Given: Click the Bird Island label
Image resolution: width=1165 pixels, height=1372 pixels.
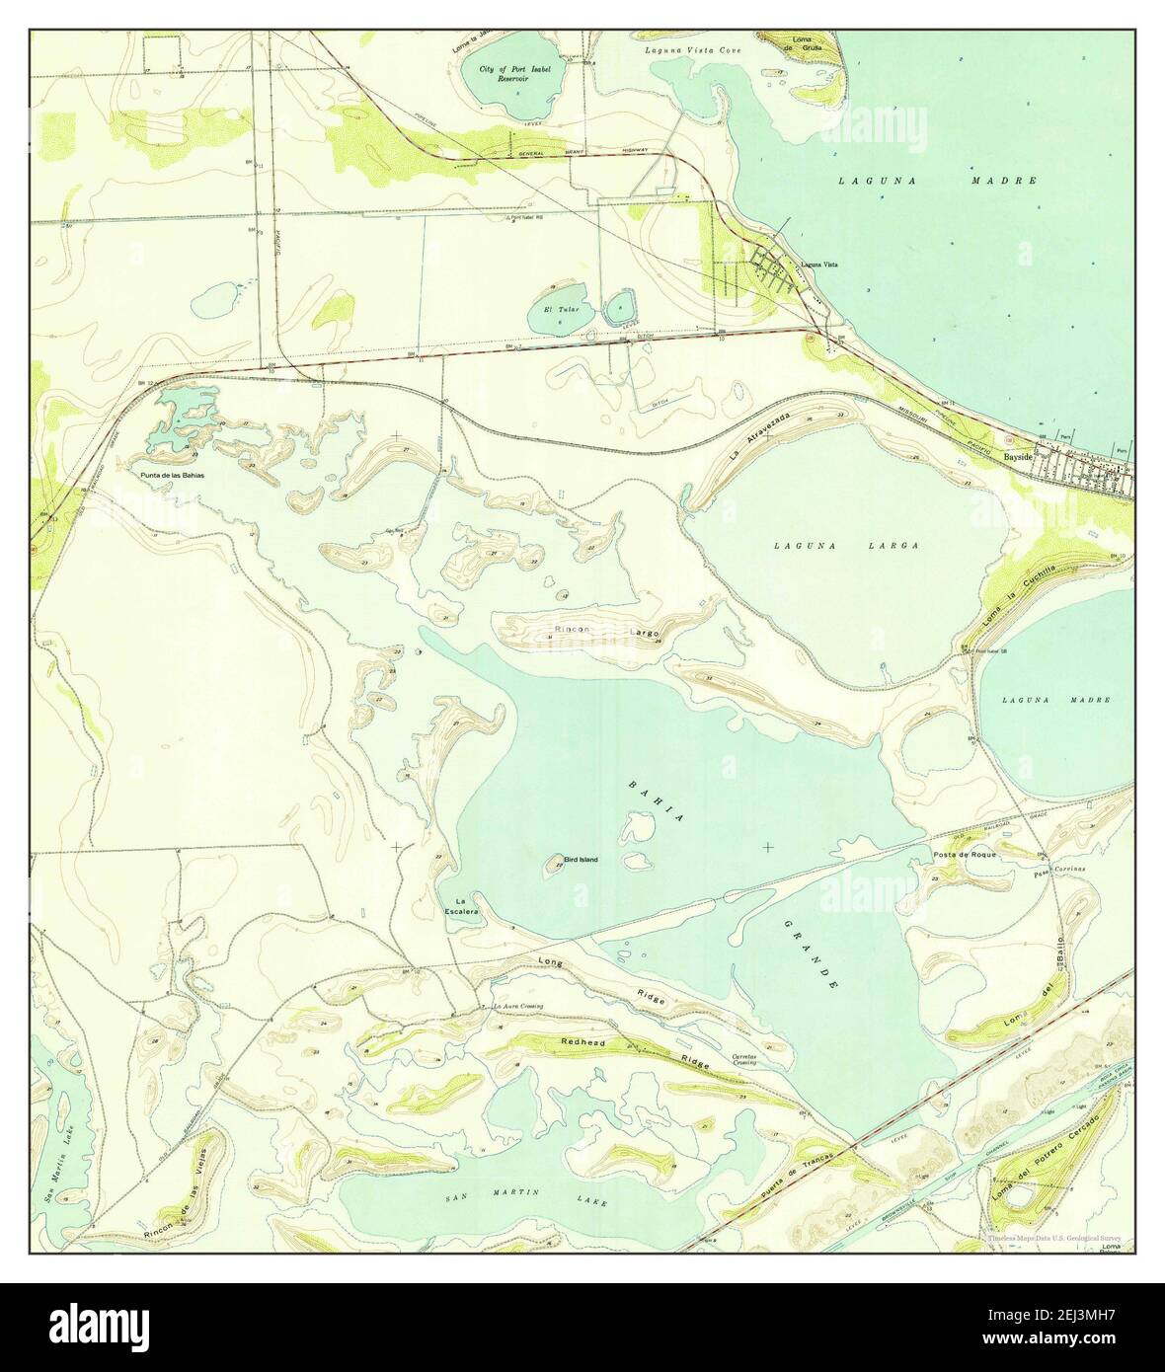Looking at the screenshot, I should (581, 860).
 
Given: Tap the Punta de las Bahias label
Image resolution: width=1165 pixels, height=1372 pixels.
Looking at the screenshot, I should (174, 475).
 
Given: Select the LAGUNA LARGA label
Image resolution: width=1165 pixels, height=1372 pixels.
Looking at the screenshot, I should (846, 545).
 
